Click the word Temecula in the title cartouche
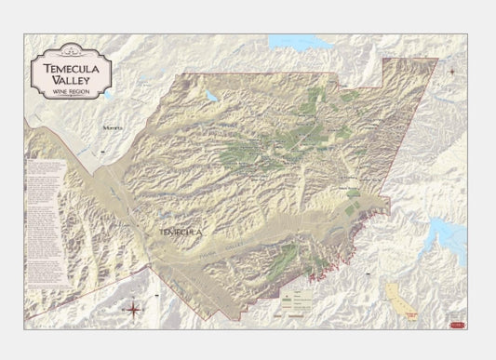click(x=72, y=67)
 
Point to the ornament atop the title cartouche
click(x=72, y=54)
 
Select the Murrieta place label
click(x=114, y=127)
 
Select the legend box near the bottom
click(x=302, y=296)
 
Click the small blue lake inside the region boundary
click(x=212, y=96)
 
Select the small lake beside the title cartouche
click(x=109, y=95)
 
